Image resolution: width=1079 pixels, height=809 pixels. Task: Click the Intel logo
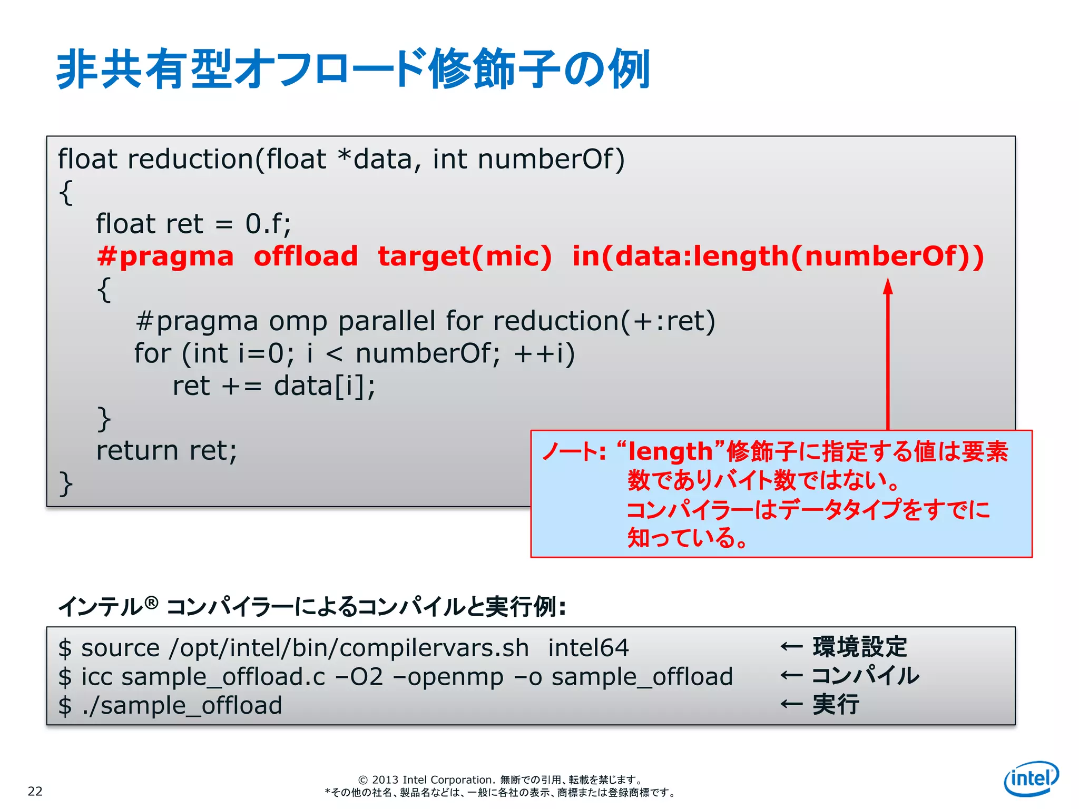pyautogui.click(x=1031, y=778)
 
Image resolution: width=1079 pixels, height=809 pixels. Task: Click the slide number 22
pyautogui.click(x=35, y=791)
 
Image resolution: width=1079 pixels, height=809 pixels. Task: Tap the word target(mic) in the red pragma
pyautogui.click(x=465, y=256)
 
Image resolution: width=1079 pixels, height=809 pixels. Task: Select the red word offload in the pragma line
pyautogui.click(x=306, y=256)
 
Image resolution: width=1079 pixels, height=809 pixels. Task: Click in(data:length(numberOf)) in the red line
pyautogui.click(x=778, y=256)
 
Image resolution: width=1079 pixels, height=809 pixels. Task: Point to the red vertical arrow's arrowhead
pyautogui.click(x=888, y=286)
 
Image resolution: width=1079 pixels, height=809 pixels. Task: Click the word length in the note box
pyautogui.click(x=670, y=452)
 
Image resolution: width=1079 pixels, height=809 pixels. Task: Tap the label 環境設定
pyautogui.click(x=860, y=647)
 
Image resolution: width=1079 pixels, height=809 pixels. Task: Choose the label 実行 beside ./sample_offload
pyautogui.click(x=836, y=704)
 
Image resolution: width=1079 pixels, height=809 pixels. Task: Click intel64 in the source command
pyautogui.click(x=588, y=648)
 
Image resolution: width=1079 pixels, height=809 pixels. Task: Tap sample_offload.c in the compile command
pyautogui.click(x=223, y=677)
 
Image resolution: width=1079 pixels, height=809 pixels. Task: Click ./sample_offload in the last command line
pyautogui.click(x=182, y=705)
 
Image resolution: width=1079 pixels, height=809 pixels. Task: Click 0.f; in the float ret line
pyautogui.click(x=268, y=224)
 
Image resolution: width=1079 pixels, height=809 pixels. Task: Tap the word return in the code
pyautogui.click(x=138, y=451)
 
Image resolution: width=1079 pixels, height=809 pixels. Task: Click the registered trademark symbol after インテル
pyautogui.click(x=151, y=603)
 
